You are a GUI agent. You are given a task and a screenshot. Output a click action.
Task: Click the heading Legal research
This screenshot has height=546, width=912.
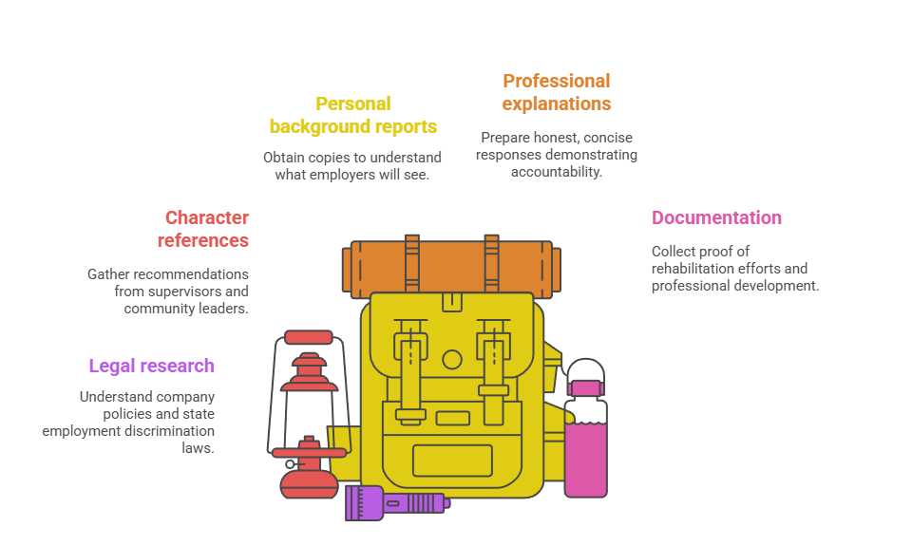click(x=151, y=366)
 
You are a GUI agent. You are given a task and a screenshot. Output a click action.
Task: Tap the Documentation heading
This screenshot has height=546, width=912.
click(x=716, y=217)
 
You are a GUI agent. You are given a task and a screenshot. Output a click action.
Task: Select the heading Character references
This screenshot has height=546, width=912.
click(x=205, y=229)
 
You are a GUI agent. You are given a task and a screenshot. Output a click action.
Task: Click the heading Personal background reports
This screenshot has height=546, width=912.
click(x=352, y=115)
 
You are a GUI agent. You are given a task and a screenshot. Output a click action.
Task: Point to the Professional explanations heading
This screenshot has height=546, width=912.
click(x=556, y=92)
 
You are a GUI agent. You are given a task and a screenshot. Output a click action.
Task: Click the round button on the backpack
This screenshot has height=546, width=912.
click(x=452, y=360)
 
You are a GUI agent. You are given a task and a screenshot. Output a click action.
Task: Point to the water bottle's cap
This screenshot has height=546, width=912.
click(x=585, y=387)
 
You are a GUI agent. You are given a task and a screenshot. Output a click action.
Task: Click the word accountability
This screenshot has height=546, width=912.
click(x=556, y=172)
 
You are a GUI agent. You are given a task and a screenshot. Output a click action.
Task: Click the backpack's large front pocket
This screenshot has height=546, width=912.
click(x=452, y=461)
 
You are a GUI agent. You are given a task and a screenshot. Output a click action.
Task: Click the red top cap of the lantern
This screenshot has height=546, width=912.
click(x=309, y=337)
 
